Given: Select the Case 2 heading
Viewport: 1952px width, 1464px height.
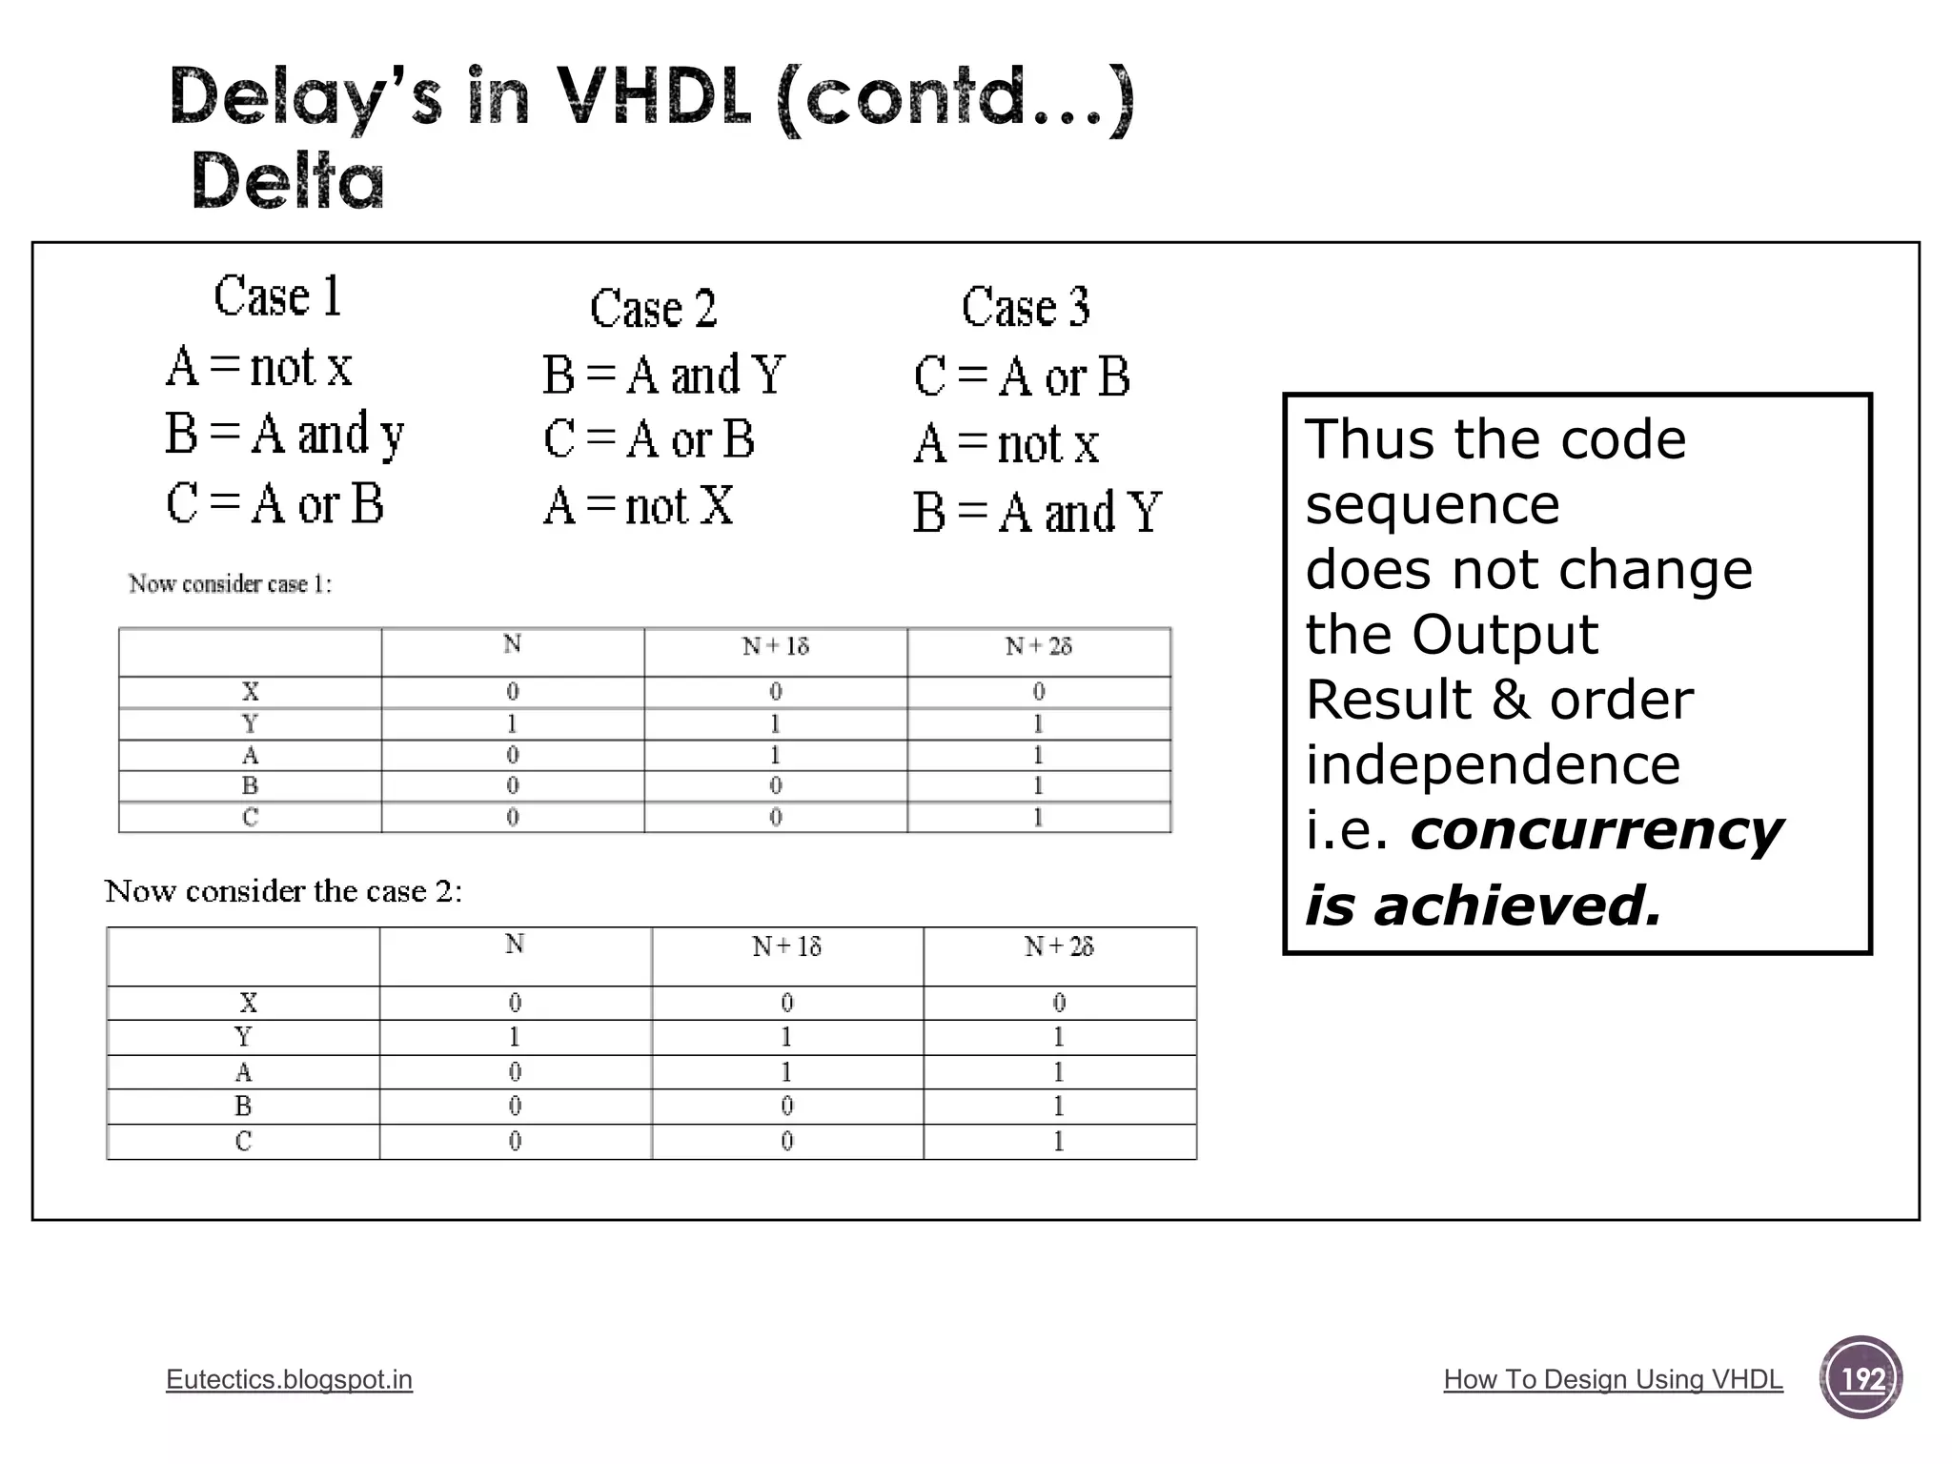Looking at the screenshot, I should tap(653, 308).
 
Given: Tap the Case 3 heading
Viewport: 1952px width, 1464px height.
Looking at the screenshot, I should tap(1026, 307).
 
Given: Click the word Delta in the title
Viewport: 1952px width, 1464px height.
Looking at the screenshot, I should tap(288, 181).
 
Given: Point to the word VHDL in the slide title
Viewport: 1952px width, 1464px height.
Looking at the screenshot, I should tap(653, 98).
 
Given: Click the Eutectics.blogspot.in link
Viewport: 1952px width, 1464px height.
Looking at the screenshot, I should tap(289, 1379).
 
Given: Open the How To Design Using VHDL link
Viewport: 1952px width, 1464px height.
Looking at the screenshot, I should tap(1613, 1379).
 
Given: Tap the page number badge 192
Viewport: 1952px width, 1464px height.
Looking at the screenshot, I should tap(1860, 1378).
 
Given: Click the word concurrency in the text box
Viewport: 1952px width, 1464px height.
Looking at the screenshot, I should tap(1596, 830).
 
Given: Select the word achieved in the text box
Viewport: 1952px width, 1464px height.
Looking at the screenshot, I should tap(1517, 905).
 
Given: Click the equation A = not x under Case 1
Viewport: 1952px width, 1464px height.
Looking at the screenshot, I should tap(259, 367).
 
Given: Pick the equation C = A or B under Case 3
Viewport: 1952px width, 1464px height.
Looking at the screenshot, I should tap(1022, 376).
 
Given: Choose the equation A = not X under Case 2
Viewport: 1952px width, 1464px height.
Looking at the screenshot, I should tap(639, 505).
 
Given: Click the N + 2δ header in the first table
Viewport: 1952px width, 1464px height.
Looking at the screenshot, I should tap(1038, 647).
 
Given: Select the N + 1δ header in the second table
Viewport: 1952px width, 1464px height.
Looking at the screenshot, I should tap(786, 946).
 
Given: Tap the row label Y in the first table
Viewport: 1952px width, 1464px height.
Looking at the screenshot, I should tap(250, 723).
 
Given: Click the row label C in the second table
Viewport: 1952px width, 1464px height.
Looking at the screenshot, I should tap(243, 1141).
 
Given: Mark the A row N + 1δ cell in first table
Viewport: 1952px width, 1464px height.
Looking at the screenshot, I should tap(776, 755).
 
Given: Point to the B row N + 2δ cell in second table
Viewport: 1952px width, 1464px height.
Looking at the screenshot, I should tap(1059, 1107).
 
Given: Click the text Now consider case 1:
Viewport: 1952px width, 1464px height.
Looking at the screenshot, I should tap(231, 583).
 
